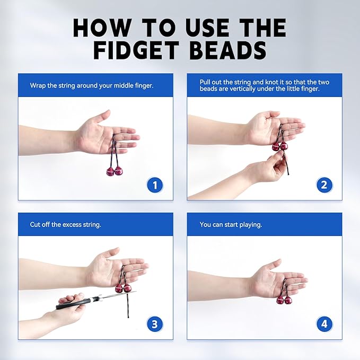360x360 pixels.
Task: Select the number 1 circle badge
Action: [x=155, y=185]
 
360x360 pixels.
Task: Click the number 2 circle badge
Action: [x=324, y=185]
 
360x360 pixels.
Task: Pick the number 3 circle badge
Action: [x=155, y=323]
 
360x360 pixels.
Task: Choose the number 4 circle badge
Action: [x=324, y=323]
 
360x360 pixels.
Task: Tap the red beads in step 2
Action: [x=279, y=146]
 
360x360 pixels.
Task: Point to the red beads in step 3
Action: [x=123, y=288]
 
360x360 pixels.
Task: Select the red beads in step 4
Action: [x=284, y=300]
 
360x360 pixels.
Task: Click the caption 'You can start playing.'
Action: [x=231, y=224]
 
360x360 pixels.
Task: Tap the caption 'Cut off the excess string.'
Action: [x=65, y=224]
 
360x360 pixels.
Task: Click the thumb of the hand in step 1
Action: [x=102, y=116]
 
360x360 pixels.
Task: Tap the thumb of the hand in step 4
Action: [x=274, y=264]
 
